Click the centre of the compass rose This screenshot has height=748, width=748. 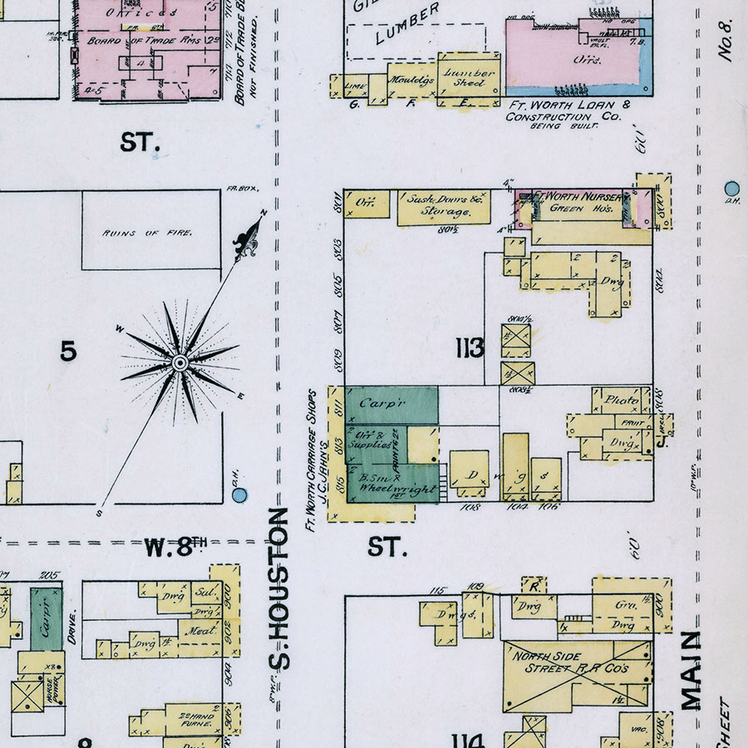179,363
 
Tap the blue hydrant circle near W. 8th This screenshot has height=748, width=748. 239,495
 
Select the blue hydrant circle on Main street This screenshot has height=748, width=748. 731,188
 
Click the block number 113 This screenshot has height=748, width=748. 470,349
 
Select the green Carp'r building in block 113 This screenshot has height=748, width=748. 391,404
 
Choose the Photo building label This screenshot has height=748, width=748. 621,401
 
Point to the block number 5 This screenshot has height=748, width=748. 68,352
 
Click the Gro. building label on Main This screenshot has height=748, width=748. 626,606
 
